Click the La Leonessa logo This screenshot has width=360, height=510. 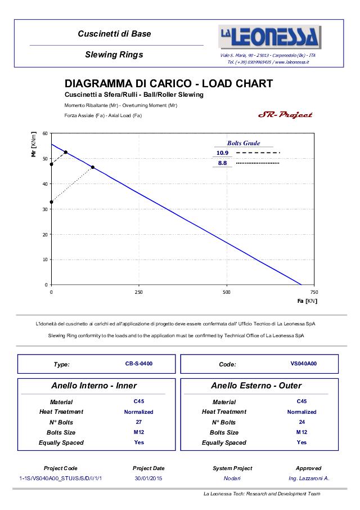pyautogui.click(x=270, y=37)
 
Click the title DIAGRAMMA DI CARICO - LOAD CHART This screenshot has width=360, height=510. pyautogui.click(x=169, y=84)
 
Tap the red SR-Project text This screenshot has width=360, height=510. pyautogui.click(x=285, y=115)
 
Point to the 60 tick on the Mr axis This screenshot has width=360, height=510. pyautogui.click(x=45, y=133)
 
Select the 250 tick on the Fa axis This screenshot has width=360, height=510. pyautogui.click(x=139, y=292)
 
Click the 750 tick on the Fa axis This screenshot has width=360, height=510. pyautogui.click(x=314, y=292)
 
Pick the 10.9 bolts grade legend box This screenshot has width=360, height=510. pyautogui.click(x=222, y=153)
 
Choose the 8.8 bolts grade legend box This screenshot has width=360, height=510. pyautogui.click(x=222, y=163)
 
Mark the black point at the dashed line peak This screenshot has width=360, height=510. pyautogui.click(x=66, y=152)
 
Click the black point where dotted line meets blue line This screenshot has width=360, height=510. pyautogui.click(x=93, y=167)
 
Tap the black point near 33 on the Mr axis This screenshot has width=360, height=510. pyautogui.click(x=52, y=202)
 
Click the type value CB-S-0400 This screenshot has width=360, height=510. pyautogui.click(x=139, y=364)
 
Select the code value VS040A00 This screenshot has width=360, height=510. pyautogui.click(x=304, y=364)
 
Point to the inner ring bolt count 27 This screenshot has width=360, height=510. pyautogui.click(x=139, y=422)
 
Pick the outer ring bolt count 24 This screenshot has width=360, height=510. pyautogui.click(x=301, y=422)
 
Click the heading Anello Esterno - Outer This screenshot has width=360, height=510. pyautogui.click(x=256, y=386)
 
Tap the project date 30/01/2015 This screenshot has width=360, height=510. pyautogui.click(x=149, y=478)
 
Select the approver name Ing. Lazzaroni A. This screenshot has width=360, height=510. pyautogui.click(x=309, y=478)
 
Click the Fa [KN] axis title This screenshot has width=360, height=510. pyautogui.click(x=307, y=301)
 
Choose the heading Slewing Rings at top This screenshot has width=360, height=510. pyautogui.click(x=114, y=55)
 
